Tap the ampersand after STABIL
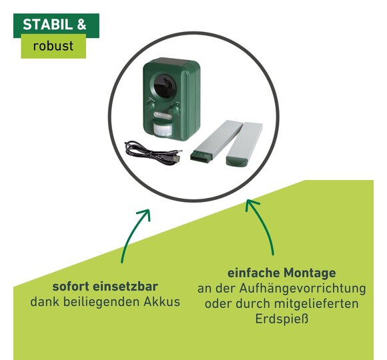tap(81, 25)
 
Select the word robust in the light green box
tap(53, 46)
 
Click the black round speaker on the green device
tap(165, 85)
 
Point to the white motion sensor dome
tap(163, 129)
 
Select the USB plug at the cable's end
tap(176, 159)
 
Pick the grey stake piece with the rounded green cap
tap(244, 143)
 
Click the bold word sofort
tap(71, 287)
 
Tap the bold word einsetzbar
tap(125, 287)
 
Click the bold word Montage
tap(310, 273)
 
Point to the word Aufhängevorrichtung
tap(302, 289)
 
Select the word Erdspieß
tap(282, 319)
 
